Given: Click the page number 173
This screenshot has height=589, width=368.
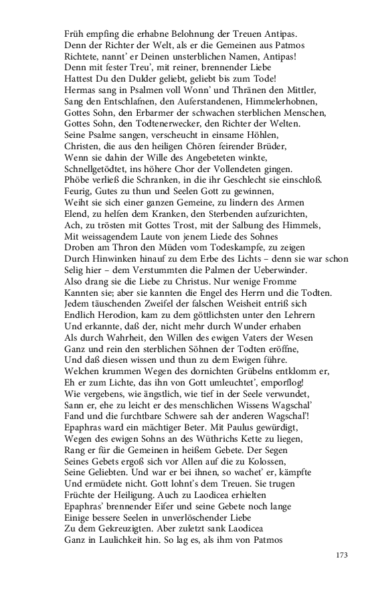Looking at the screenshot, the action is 341,555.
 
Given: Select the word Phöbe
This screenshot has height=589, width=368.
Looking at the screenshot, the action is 78,180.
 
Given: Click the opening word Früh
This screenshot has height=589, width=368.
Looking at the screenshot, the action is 75,33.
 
